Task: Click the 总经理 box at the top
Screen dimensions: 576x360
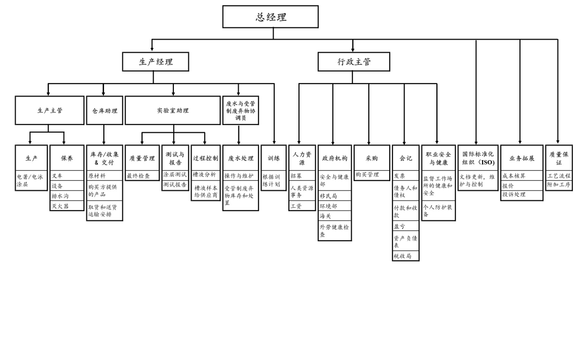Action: point(270,17)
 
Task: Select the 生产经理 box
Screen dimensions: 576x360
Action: point(156,62)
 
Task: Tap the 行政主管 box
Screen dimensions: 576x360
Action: point(354,62)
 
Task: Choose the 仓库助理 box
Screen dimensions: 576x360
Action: point(105,111)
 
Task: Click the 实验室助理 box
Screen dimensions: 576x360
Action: point(173,111)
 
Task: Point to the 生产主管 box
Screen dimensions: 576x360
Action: point(50,111)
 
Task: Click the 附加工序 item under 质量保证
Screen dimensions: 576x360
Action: point(559,185)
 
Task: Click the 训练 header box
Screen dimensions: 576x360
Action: point(274,158)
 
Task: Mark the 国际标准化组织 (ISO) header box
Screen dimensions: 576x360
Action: point(478,158)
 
